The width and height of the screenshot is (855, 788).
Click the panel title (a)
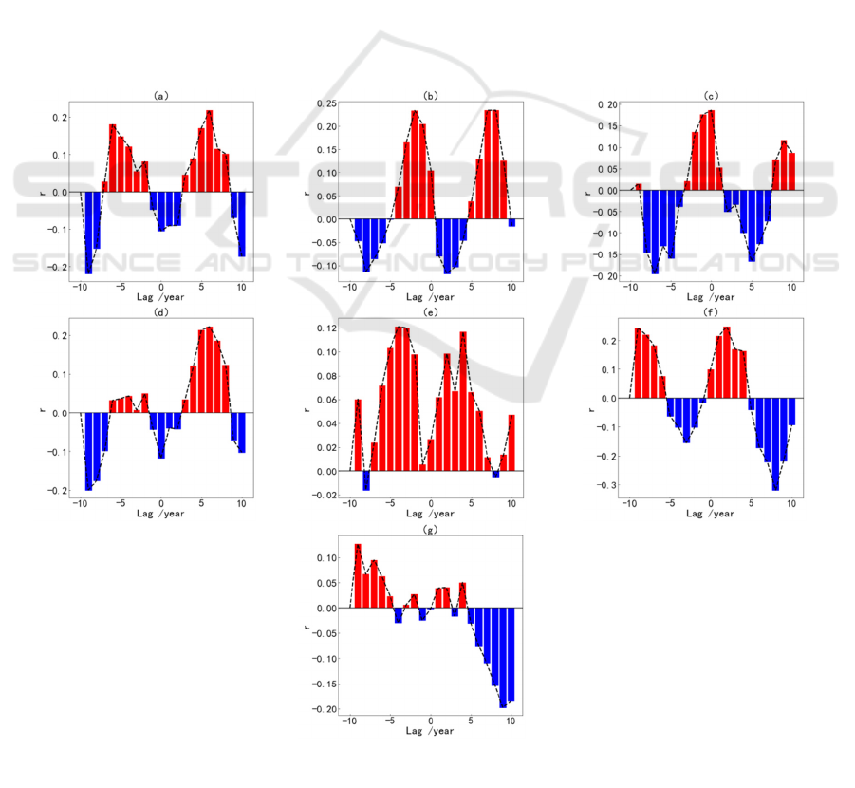point(160,95)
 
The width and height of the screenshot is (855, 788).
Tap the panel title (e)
point(431,310)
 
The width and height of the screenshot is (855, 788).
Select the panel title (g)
point(431,530)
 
